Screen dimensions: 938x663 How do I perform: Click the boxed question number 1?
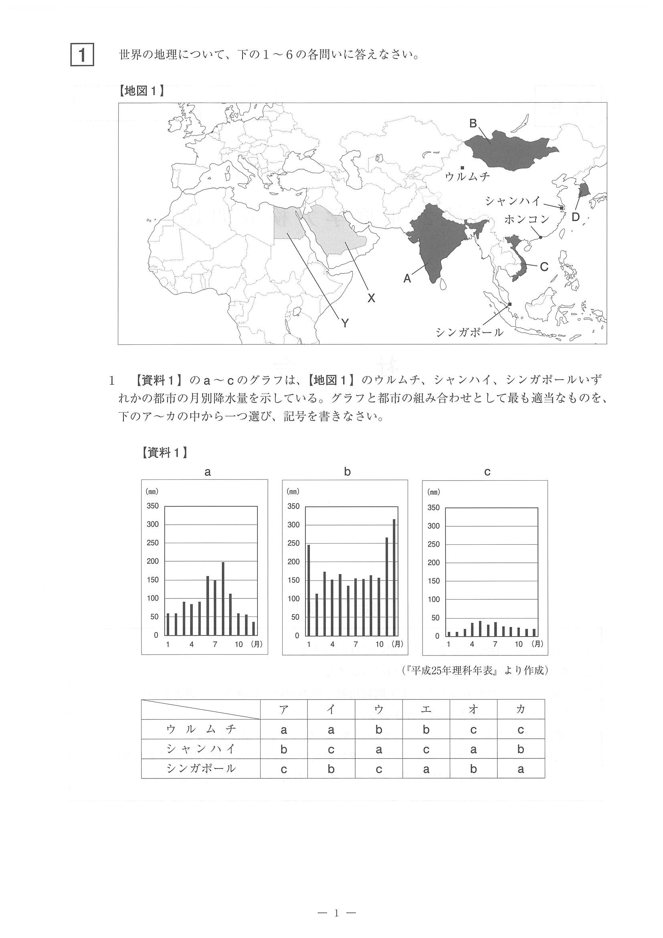tap(82, 55)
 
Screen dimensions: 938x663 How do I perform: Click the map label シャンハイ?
tap(513, 201)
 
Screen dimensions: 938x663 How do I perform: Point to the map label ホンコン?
tap(527, 219)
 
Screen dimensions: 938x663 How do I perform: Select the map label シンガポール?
tap(469, 332)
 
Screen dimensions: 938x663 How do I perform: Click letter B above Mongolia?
tap(473, 123)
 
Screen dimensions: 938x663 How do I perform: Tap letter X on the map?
tap(371, 298)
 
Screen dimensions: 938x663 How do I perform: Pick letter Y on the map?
tap(345, 323)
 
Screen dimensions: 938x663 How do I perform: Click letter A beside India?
tap(407, 279)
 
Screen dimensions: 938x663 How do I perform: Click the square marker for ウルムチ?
tap(462, 168)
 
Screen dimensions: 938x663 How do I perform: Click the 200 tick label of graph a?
tap(152, 561)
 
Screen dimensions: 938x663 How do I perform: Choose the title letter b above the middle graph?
tap(347, 472)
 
